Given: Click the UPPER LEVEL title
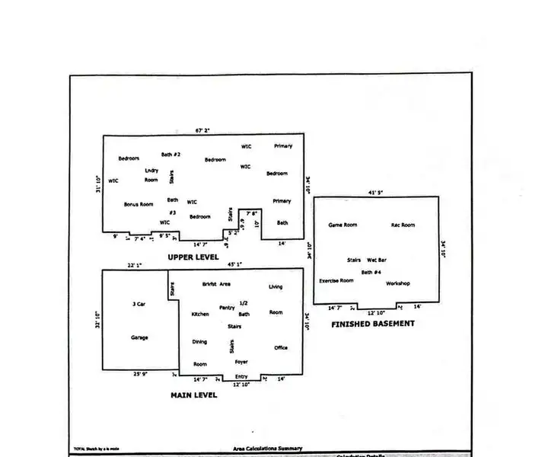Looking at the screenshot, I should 193,257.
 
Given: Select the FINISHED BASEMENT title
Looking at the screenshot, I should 373,324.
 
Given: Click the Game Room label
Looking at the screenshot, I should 342,225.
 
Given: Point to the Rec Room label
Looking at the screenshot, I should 403,225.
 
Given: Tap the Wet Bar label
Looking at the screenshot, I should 377,260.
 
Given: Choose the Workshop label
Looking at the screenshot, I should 398,283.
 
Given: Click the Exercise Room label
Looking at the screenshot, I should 336,280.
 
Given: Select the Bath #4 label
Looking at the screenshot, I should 371,272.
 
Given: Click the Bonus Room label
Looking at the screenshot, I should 139,204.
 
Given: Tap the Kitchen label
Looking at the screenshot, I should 200,314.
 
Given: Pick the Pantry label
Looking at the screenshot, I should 227,307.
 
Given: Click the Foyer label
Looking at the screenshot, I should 241,362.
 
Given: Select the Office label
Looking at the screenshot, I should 281,348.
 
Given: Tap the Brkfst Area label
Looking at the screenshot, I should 217,284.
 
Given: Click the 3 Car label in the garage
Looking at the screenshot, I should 139,304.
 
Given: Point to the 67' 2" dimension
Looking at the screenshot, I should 202,130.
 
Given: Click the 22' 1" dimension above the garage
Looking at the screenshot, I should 135,265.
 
